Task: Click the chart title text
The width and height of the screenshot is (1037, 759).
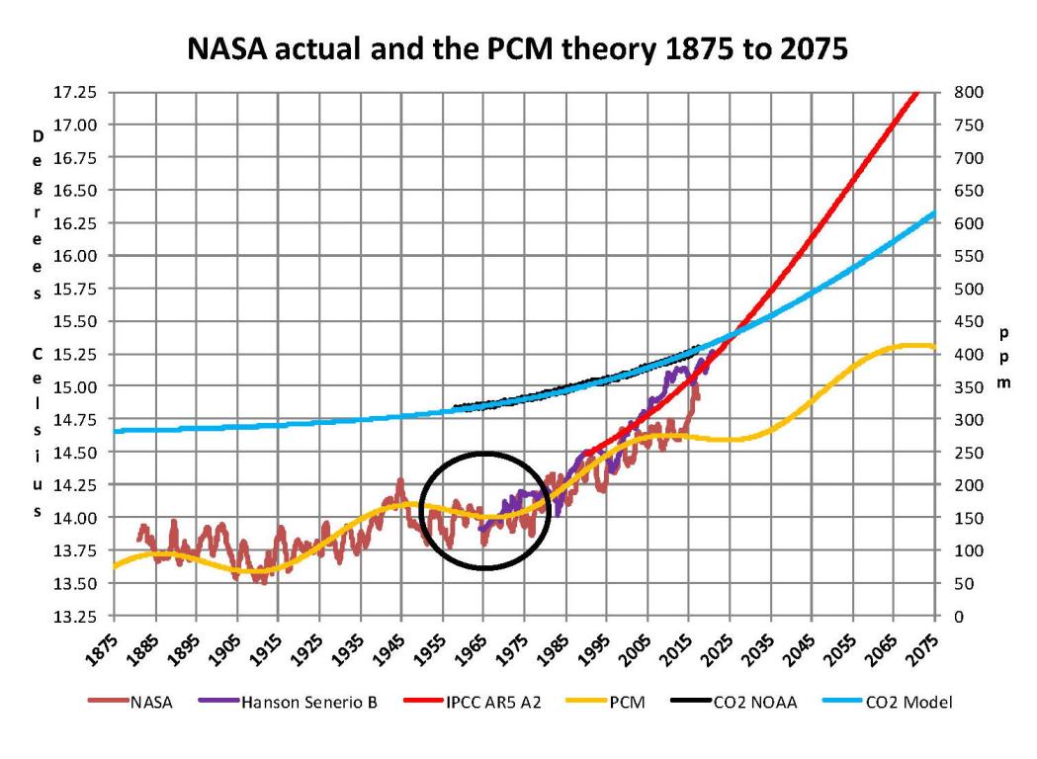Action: pos(517,50)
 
